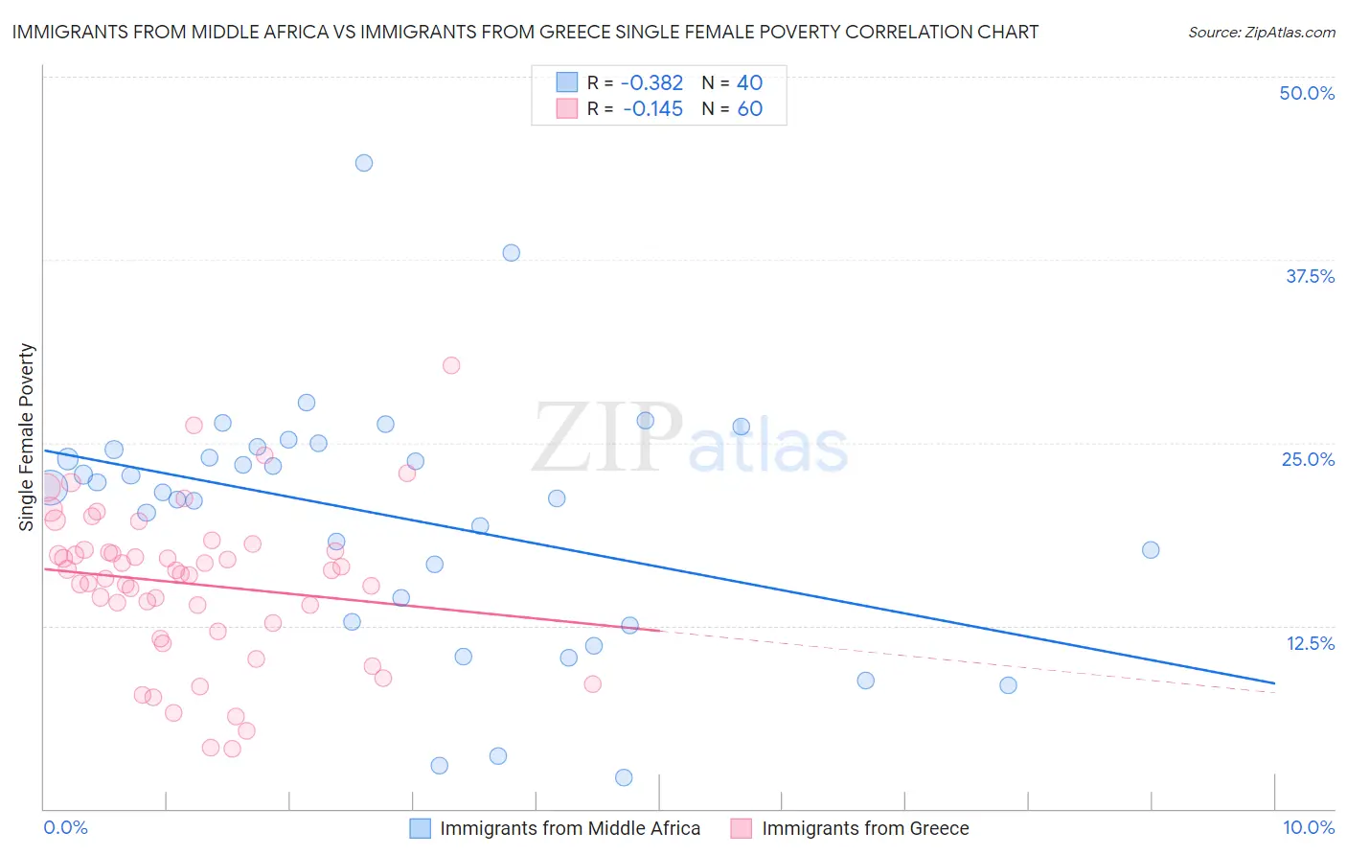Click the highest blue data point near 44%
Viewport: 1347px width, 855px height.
tap(364, 163)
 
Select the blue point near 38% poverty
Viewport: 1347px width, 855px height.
tap(512, 253)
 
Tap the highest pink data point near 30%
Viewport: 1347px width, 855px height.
tap(451, 365)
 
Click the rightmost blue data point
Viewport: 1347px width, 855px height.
tap(1151, 550)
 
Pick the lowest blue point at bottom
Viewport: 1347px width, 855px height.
tap(624, 777)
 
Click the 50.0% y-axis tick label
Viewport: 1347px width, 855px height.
tap(1307, 93)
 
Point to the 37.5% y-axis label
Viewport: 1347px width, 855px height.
tap(1310, 276)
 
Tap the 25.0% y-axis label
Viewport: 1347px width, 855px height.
tap(1308, 459)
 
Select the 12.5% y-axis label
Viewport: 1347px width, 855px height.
tap(1310, 643)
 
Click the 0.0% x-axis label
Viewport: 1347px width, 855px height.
tap(65, 827)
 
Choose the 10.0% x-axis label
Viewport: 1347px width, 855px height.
tap(1309, 827)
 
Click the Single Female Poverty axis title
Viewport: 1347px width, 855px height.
tap(27, 437)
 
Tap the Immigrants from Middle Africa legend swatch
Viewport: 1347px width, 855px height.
tap(420, 828)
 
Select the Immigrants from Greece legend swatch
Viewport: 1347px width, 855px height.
tap(742, 828)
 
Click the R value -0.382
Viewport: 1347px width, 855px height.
tap(651, 83)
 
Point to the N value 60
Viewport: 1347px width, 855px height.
tap(750, 109)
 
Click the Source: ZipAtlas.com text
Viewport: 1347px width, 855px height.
tap(1261, 33)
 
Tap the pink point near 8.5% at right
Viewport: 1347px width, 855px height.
tap(592, 684)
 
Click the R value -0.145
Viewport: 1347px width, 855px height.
tap(652, 109)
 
